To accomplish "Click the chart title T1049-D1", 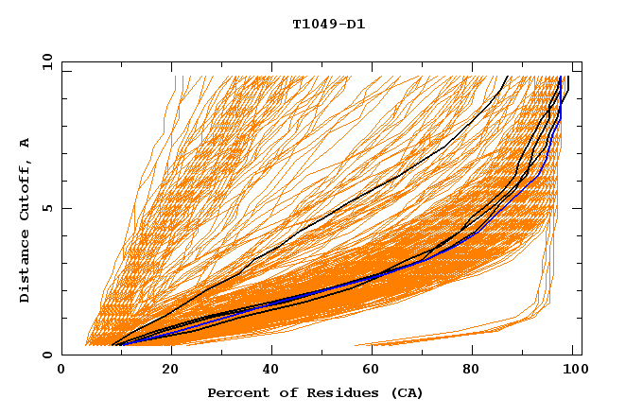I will point(329,25).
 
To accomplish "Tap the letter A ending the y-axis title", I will point(26,143).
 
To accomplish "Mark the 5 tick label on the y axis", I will point(46,208).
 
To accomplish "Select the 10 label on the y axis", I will point(43,61).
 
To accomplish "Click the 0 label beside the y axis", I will point(46,355).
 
